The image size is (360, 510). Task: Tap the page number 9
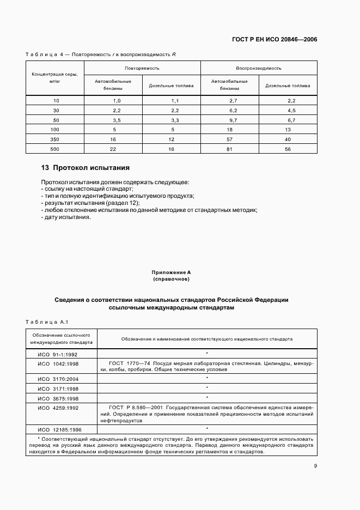point(315,465)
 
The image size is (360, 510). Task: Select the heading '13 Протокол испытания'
point(85,168)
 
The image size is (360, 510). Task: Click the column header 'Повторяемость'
point(142,69)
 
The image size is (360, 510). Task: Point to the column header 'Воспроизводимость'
point(259,69)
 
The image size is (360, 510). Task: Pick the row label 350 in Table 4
point(56,139)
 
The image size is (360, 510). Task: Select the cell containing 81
point(229,149)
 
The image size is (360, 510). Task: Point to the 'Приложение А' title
point(171,271)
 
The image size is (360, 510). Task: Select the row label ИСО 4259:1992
point(59,408)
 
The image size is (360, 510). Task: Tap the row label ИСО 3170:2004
point(59,378)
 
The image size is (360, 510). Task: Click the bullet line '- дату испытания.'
point(66,217)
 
